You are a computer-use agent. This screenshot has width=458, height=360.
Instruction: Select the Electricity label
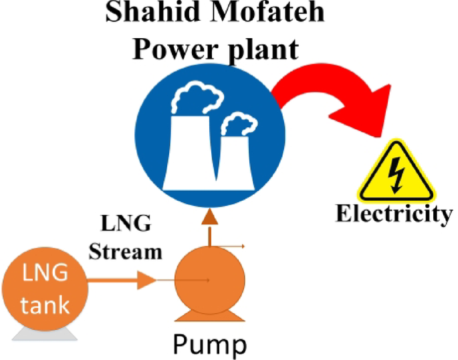point(394,214)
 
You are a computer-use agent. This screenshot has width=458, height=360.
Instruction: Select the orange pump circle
point(209,282)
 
